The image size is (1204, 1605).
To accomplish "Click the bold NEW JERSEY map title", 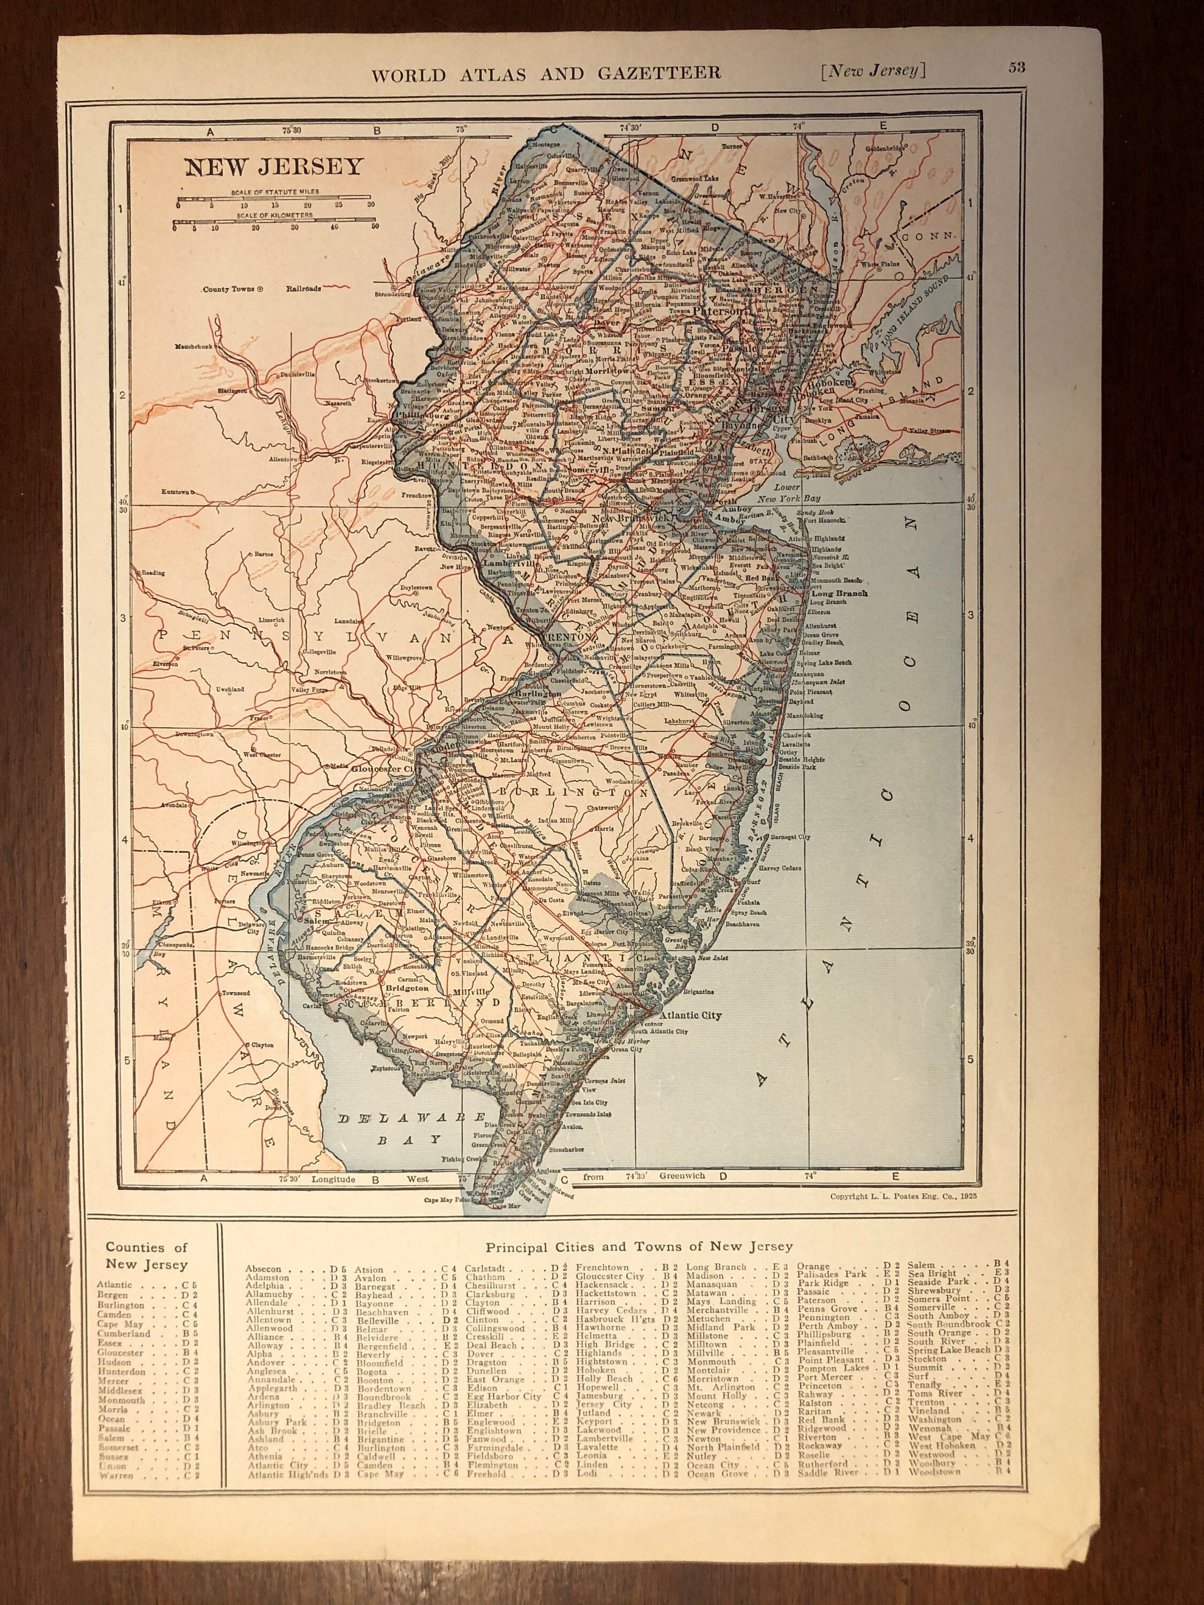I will [x=273, y=166].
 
